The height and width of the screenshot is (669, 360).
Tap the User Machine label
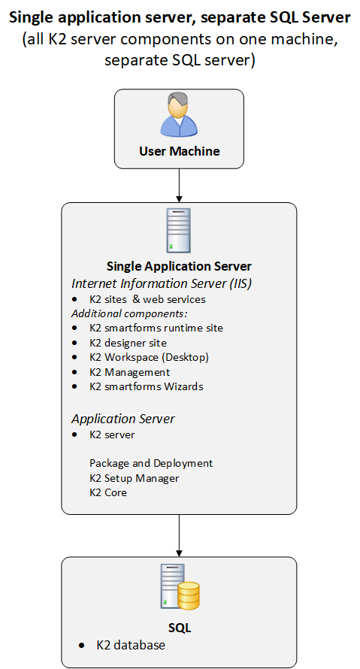[179, 151]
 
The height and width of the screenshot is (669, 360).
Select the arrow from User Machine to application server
[179, 186]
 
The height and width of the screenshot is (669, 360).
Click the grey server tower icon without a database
[179, 231]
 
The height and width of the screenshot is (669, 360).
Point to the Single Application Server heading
[179, 266]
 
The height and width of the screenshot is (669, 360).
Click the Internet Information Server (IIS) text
[162, 283]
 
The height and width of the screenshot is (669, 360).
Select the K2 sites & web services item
[147, 299]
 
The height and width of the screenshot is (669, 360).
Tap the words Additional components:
[130, 313]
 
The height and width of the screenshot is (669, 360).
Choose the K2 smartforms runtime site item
[156, 328]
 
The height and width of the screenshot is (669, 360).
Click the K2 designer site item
[128, 343]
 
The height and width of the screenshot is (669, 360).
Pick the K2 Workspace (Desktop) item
[149, 357]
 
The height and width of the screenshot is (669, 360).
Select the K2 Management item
[130, 372]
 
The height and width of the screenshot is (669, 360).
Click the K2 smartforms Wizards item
[147, 386]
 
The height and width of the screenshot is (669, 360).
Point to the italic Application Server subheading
[123, 419]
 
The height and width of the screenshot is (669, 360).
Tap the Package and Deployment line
[151, 463]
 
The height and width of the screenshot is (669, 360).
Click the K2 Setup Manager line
[135, 478]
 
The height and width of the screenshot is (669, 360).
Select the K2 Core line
[108, 492]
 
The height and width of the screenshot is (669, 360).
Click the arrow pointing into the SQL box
[179, 535]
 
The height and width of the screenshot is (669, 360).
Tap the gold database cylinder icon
[189, 595]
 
